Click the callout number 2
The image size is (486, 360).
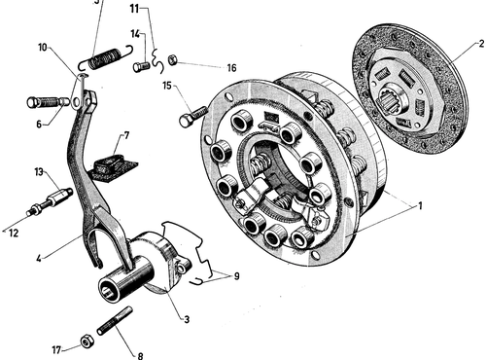click(482, 44)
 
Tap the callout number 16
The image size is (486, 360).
click(231, 68)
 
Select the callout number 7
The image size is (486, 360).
click(126, 135)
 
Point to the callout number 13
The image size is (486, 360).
click(39, 172)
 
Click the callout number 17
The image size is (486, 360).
click(56, 350)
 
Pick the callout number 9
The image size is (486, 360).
click(236, 276)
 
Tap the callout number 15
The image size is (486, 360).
click(167, 86)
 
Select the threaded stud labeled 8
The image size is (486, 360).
click(115, 321)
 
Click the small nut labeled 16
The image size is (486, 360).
click(172, 60)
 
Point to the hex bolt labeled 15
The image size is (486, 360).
click(193, 117)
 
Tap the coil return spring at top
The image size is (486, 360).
click(106, 58)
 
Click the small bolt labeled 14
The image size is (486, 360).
click(141, 66)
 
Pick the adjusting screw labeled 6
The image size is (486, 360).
click(48, 102)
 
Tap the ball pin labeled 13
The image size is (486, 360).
click(50, 201)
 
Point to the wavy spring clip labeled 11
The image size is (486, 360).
click(157, 61)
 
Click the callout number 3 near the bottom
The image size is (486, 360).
click(187, 319)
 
